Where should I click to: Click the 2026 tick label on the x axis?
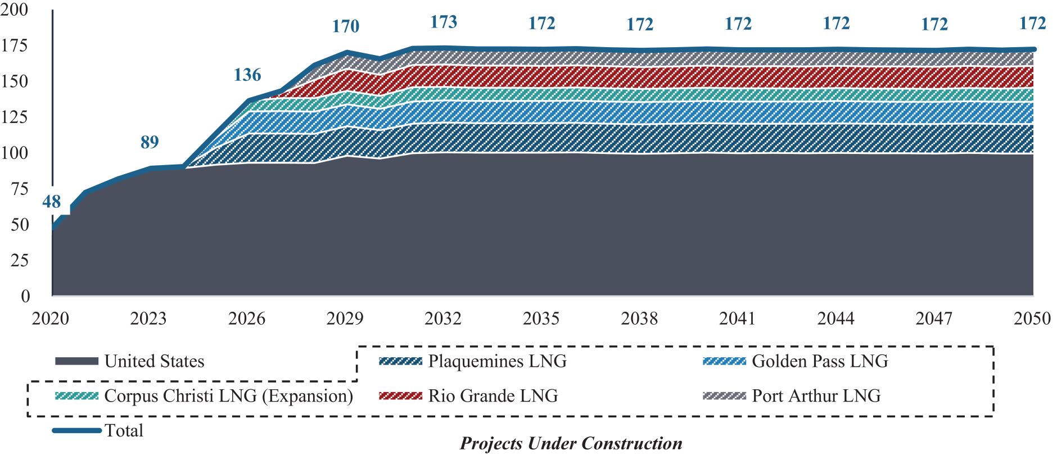(246, 319)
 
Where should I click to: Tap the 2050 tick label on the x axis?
(1032, 319)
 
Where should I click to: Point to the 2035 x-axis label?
(541, 319)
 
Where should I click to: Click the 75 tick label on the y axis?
(19, 189)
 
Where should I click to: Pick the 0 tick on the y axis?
(25, 296)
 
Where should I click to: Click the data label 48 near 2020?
(51, 202)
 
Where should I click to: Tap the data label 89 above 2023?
(150, 142)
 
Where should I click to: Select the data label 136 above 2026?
(247, 75)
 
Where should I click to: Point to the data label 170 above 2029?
(345, 26)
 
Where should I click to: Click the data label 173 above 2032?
(444, 22)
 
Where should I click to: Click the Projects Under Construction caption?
(571, 443)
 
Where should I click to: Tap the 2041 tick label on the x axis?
(737, 319)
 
